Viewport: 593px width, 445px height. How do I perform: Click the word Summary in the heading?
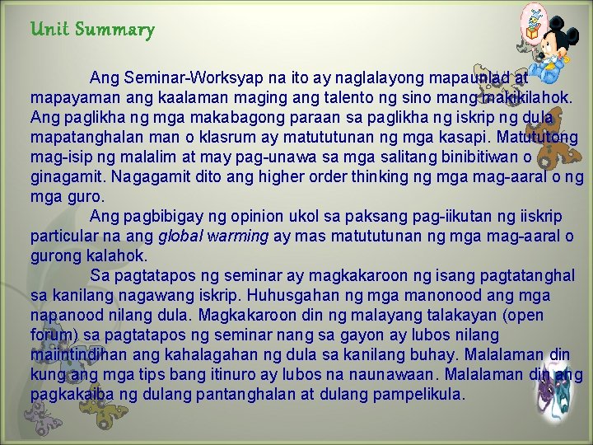tap(114, 30)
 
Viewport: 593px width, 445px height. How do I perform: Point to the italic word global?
tap(180, 237)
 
